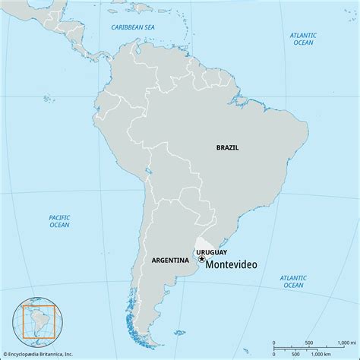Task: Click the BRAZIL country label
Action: click(x=227, y=147)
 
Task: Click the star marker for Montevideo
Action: click(x=202, y=259)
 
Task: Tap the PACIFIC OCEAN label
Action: click(x=58, y=221)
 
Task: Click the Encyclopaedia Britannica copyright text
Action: click(x=47, y=354)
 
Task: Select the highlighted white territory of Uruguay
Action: click(x=207, y=241)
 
